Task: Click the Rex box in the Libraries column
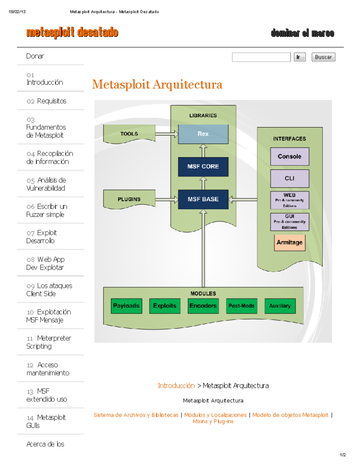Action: coord(203,134)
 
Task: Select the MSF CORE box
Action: coord(203,167)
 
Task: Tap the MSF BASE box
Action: coord(203,199)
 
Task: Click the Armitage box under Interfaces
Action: coord(289,242)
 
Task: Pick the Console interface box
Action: coord(289,156)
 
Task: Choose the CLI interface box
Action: coord(289,179)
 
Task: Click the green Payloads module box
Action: coord(126,306)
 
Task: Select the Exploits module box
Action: coord(165,306)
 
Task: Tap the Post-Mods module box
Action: coord(241,306)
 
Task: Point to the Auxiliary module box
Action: coord(280,306)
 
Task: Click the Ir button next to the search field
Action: coord(299,57)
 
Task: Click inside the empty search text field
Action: coord(261,57)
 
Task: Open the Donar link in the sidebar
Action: coord(35,56)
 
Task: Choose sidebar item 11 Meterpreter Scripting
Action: coord(49,342)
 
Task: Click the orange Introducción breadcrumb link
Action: coord(176,386)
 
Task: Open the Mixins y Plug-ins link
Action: coord(213,422)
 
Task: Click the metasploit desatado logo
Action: coord(72,32)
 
